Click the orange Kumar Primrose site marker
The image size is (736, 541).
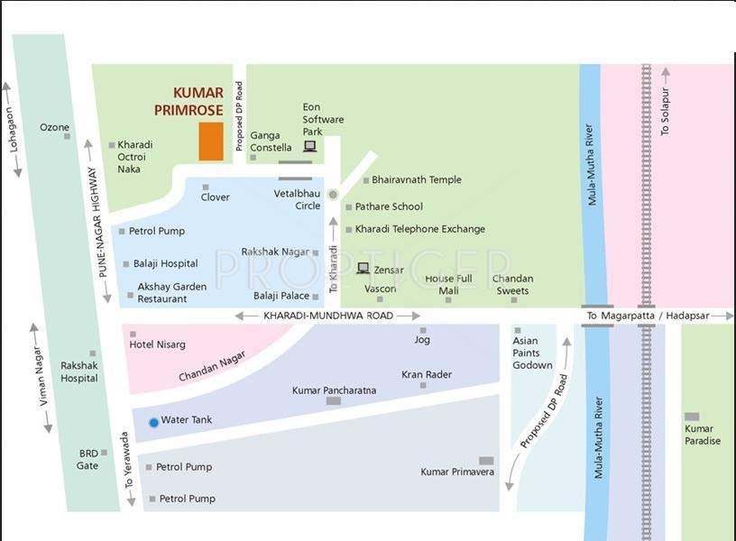pos(211,142)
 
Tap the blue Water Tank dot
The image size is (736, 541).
pos(153,422)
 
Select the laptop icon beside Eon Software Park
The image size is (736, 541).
pos(309,146)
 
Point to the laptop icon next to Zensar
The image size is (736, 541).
pos(363,268)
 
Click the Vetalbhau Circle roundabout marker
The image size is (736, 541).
pos(333,195)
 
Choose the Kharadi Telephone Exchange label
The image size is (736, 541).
pos(419,229)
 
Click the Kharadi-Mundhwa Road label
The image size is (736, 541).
pos(328,316)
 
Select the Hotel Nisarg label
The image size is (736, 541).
pos(158,344)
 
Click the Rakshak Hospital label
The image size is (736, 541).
pos(79,371)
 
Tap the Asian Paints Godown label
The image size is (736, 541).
pos(532,353)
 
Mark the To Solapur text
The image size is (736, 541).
pos(666,113)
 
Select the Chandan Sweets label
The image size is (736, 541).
pos(512,284)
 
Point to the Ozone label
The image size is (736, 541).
pos(54,127)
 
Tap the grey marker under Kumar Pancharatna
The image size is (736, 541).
pos(334,400)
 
